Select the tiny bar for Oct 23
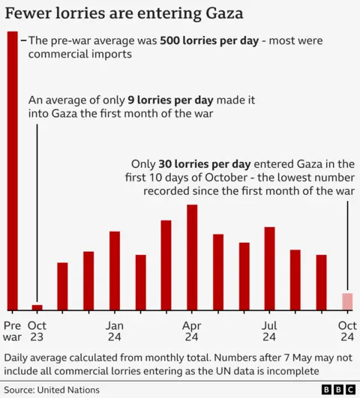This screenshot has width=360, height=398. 37,307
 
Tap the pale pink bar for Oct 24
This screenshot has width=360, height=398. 347,301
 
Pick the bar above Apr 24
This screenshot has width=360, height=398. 192,257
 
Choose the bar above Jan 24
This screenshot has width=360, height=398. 115,271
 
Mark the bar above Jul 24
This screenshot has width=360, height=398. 269,268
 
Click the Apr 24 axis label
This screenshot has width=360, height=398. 193,332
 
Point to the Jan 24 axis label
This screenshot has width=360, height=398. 115,332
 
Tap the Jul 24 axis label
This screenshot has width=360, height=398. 269,332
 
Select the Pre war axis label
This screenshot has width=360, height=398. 13,332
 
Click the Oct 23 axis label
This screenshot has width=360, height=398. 37,332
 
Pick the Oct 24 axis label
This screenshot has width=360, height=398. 347,332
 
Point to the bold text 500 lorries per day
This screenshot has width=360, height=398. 208,41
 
